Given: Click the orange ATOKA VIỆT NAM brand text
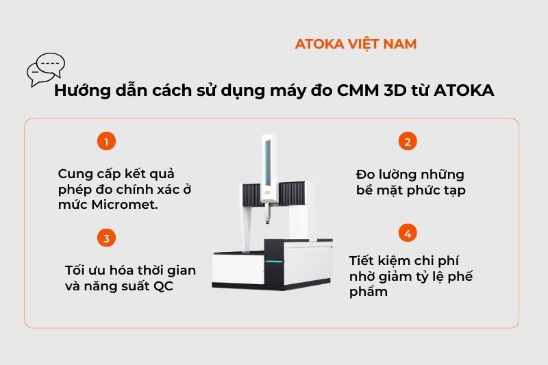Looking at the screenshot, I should point(356,44).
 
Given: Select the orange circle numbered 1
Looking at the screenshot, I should point(105,142).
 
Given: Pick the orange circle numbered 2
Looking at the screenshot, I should point(408,142).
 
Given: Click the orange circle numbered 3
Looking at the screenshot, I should point(105,238).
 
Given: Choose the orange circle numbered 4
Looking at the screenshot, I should point(408,234).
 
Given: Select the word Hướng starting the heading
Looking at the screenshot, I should point(79,91).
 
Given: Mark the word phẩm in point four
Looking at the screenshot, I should point(369,292).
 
